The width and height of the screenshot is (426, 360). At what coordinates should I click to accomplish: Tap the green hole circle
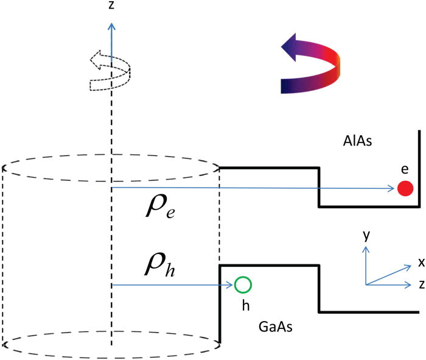(x=243, y=284)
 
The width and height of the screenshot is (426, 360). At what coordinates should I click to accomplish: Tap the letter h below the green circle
(x=245, y=305)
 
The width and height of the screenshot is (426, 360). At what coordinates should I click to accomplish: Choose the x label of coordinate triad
(x=420, y=262)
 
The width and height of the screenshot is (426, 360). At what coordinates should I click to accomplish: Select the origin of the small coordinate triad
(x=366, y=284)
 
